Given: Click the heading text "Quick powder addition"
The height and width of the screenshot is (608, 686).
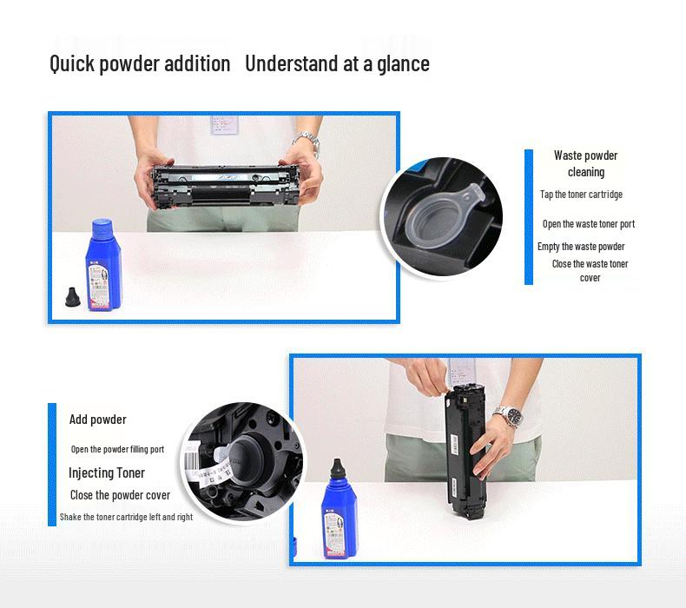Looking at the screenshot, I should (140, 63).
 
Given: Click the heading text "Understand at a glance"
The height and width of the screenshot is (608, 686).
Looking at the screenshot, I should (337, 63).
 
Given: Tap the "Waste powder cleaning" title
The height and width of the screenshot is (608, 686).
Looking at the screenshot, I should (586, 163).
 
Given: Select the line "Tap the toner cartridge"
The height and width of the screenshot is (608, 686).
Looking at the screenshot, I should (581, 195).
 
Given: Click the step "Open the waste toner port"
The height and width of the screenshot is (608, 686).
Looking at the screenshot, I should (589, 224).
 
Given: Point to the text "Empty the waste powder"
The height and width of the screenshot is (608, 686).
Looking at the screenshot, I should (581, 247).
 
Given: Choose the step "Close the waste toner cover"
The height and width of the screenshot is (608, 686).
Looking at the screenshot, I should (590, 270).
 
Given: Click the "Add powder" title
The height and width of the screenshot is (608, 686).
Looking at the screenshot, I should (98, 420).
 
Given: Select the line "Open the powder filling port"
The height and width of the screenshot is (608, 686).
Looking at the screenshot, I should (117, 449).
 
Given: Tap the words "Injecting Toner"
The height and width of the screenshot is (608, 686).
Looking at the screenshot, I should (107, 473).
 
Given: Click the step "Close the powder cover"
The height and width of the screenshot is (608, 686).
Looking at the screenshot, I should (120, 495).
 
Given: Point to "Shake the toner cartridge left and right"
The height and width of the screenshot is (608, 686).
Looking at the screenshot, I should (126, 517).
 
